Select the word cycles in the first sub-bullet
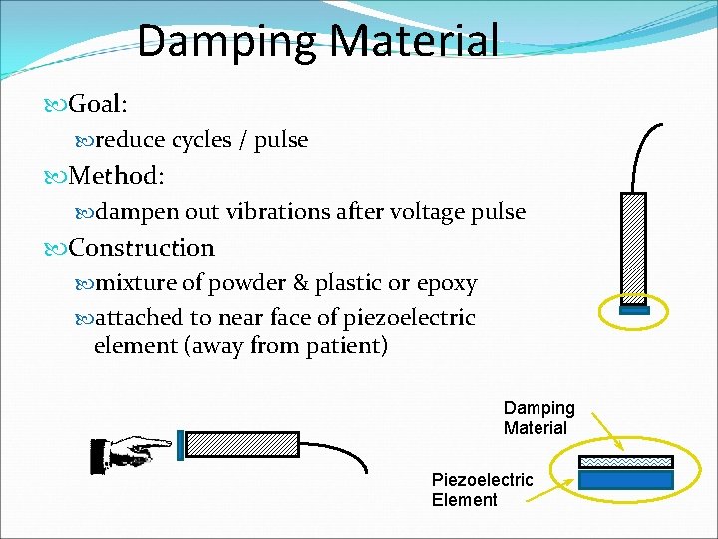pos(202,140)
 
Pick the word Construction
pos(142,248)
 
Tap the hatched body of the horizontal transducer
pos(242,444)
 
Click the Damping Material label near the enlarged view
pos(538,418)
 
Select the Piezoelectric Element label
pos(482,489)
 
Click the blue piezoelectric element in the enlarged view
pos(626,479)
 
